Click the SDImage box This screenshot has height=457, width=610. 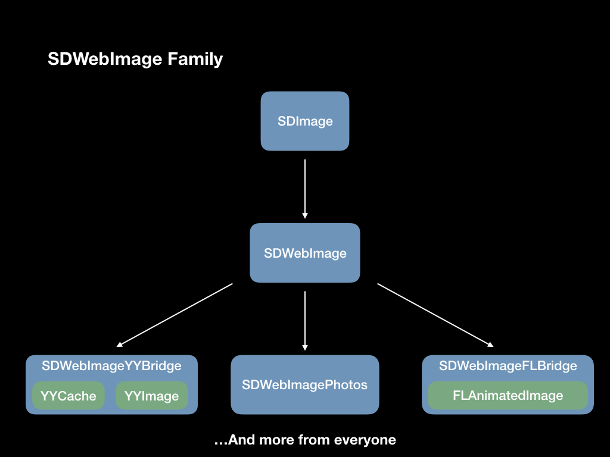click(x=305, y=121)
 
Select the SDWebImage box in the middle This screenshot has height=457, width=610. click(x=305, y=253)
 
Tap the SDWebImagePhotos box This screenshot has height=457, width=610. click(x=305, y=385)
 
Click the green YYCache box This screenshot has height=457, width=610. click(x=69, y=396)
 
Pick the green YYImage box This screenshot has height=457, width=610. click(x=151, y=396)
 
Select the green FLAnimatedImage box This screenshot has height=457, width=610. click(x=508, y=395)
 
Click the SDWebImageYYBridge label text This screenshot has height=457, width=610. click(x=111, y=365)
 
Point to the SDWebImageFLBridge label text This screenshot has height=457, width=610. click(x=508, y=365)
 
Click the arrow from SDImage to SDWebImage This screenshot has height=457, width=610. click(x=305, y=187)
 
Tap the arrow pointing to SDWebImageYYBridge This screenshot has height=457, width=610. click(x=175, y=315)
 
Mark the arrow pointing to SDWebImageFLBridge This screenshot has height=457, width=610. click(x=435, y=315)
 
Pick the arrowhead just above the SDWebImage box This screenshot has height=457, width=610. click(x=305, y=215)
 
